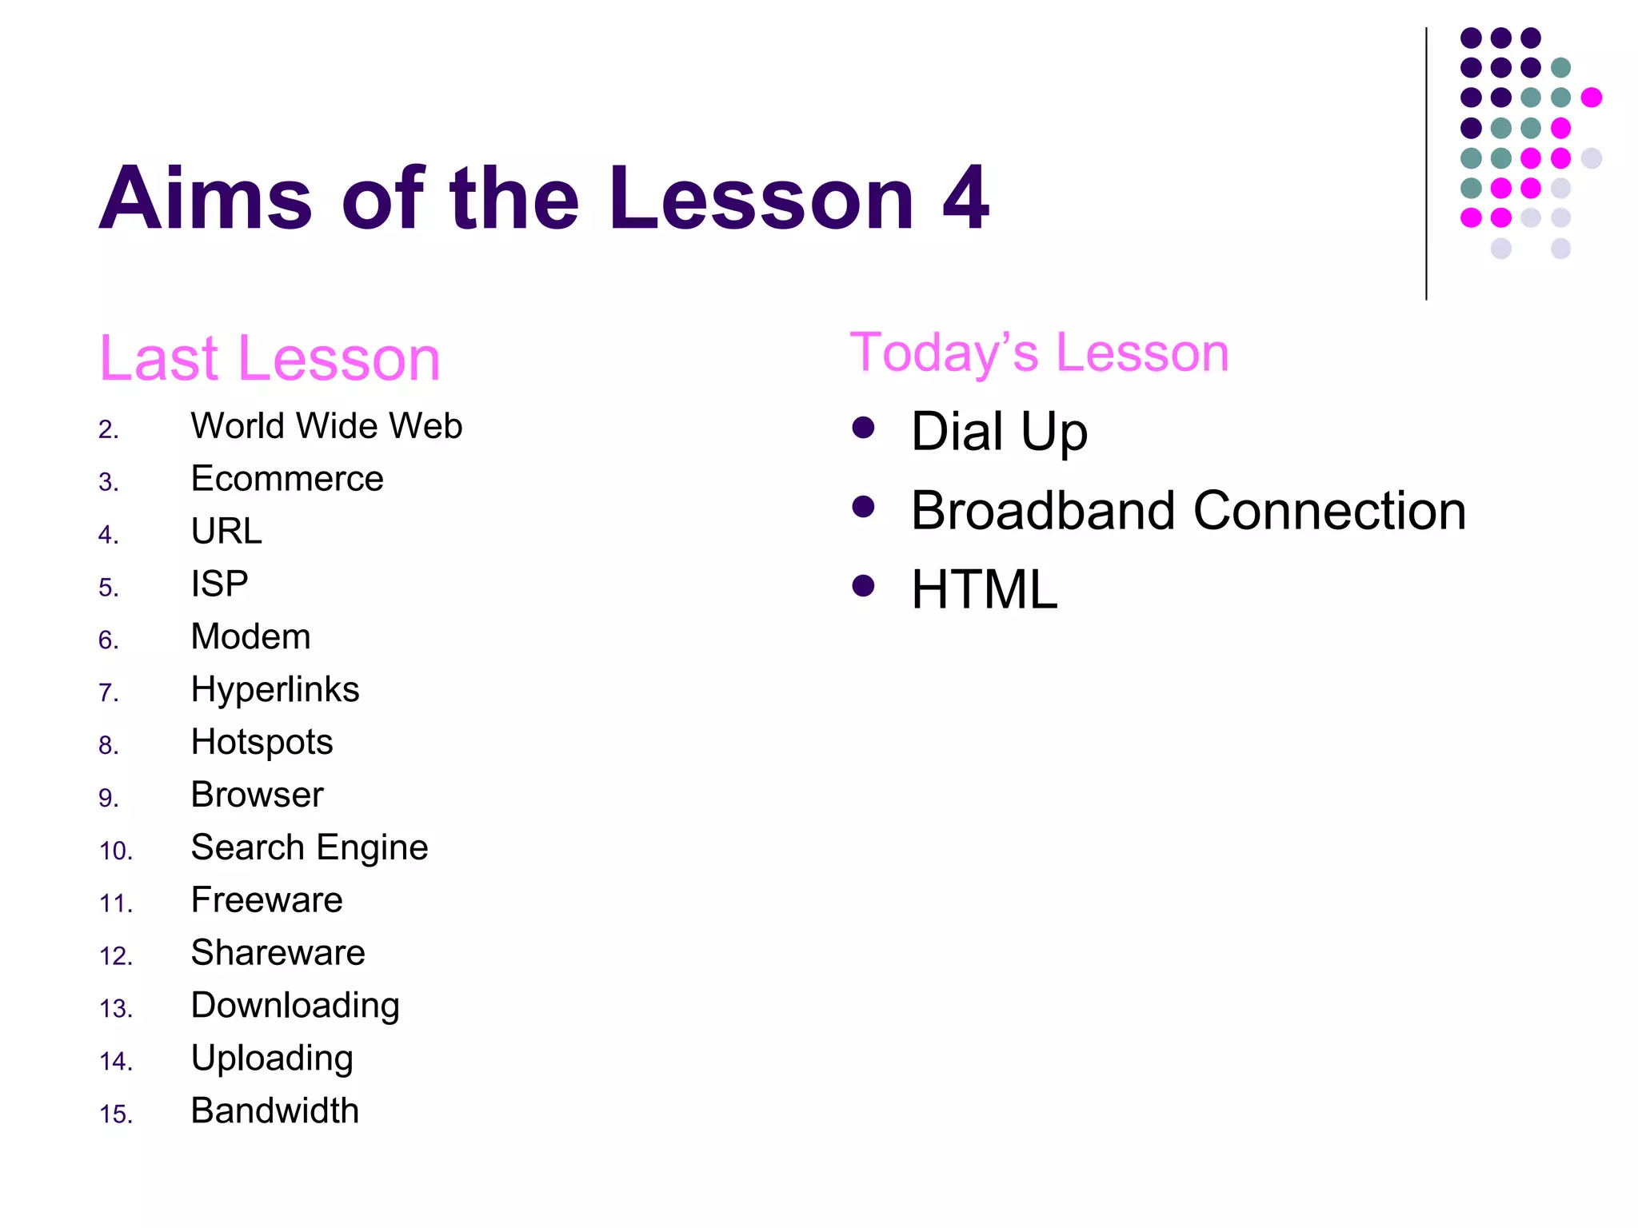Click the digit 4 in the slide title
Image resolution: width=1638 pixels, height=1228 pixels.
(x=965, y=198)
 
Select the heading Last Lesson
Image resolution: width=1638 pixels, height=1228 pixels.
(x=270, y=359)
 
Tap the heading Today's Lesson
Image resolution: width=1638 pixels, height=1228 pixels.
(x=1039, y=353)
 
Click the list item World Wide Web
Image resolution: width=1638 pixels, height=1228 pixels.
(x=326, y=426)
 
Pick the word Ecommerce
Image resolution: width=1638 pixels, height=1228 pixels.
(x=287, y=479)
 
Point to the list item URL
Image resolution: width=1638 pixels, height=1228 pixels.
(x=226, y=532)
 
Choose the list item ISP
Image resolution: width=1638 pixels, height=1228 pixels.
(x=219, y=584)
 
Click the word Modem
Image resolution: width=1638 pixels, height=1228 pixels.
(x=250, y=637)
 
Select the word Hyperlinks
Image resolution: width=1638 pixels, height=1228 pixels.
(x=275, y=690)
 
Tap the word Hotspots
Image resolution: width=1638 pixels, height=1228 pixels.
(x=262, y=743)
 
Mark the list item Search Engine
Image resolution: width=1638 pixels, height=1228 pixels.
(x=310, y=848)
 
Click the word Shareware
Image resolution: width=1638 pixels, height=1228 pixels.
(x=278, y=953)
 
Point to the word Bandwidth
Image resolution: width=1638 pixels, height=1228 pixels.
(x=275, y=1111)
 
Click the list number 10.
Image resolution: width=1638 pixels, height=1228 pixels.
(x=115, y=851)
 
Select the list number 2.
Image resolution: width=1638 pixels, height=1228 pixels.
(x=108, y=430)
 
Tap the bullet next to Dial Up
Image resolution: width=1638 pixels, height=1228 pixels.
(x=863, y=428)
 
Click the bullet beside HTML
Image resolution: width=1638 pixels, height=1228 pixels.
(x=863, y=586)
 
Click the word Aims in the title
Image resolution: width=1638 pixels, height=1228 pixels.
(x=205, y=198)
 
